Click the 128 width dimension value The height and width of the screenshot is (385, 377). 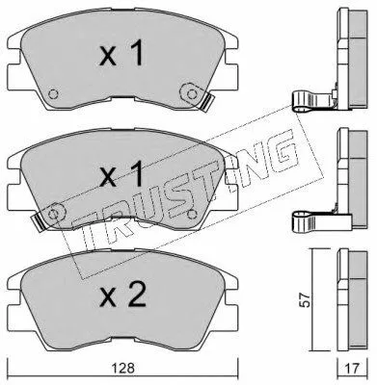click(123, 368)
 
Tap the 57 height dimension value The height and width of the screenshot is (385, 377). click(307, 300)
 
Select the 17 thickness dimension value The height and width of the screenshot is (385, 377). click(352, 369)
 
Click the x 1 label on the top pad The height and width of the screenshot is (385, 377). click(121, 54)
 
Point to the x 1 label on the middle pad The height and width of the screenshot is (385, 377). click(121, 174)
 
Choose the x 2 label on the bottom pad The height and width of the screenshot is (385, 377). click(122, 294)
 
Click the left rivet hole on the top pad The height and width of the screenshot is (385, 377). click(53, 94)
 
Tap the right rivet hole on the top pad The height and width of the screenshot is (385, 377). click(192, 94)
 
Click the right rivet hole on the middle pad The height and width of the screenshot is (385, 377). click(192, 214)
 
